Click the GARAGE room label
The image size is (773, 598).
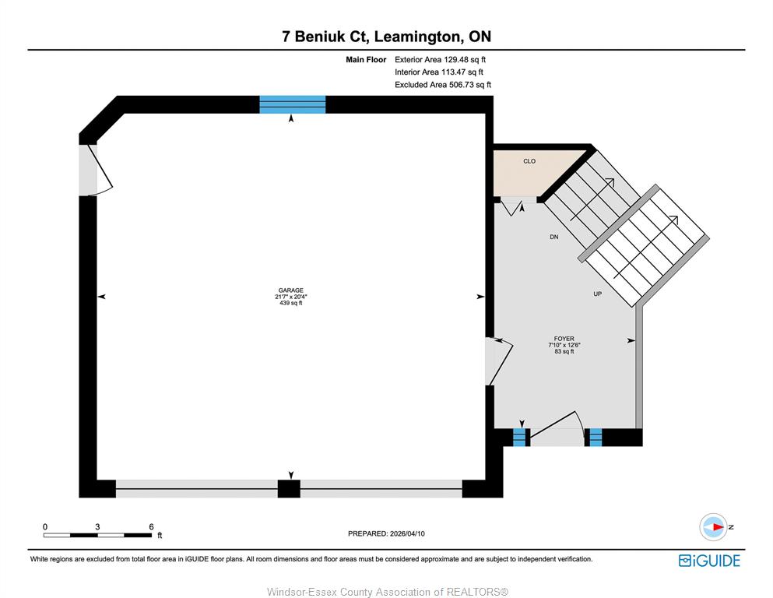[x=291, y=290]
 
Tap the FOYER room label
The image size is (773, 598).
[x=564, y=339]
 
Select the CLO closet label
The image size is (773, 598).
[x=529, y=161]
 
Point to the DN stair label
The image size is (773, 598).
[x=554, y=237]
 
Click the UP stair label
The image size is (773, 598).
[x=598, y=294]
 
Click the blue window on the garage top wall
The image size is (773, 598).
[x=293, y=104]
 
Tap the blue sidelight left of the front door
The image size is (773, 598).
[x=519, y=438]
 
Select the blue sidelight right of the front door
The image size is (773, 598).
[x=596, y=438]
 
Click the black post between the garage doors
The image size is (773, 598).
[x=289, y=488]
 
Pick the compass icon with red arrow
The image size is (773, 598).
[x=713, y=527]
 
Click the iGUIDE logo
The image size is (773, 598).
[x=709, y=561]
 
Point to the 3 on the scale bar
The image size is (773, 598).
[x=97, y=526]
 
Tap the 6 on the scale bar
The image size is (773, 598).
[x=151, y=526]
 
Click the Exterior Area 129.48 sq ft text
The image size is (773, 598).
[x=441, y=60]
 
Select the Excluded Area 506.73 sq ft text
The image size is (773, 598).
[x=443, y=85]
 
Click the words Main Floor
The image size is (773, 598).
[x=366, y=60]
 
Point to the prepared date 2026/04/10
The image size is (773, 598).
[x=407, y=533]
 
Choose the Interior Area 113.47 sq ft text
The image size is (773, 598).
[x=439, y=72]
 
